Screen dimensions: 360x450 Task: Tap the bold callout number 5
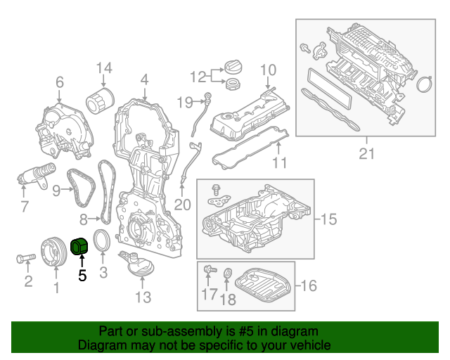tap(82, 276)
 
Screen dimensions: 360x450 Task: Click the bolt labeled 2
tap(24, 259)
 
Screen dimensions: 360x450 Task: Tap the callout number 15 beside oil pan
tap(328, 219)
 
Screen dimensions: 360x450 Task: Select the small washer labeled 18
tap(228, 274)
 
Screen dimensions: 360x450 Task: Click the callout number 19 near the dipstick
tap(184, 103)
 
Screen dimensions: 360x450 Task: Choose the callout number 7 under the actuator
tap(25, 207)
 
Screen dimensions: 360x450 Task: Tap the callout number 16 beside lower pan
tap(309, 285)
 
